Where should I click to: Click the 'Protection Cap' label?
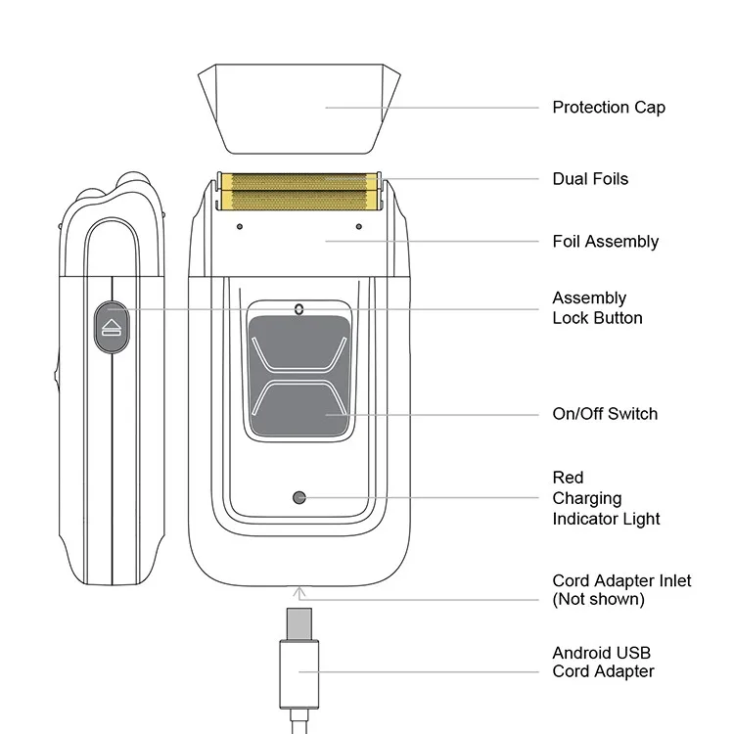(x=608, y=107)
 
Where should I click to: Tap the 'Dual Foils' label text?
(x=590, y=179)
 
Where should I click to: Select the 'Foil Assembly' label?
(x=605, y=241)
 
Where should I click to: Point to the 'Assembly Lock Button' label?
(x=597, y=307)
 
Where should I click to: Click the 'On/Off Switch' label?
(x=605, y=413)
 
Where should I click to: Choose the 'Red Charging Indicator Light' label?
(x=606, y=498)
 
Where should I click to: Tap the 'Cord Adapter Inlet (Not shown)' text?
(x=621, y=589)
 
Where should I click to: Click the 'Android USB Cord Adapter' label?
(x=603, y=662)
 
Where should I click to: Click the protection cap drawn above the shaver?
(x=299, y=108)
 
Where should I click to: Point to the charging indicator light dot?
(x=299, y=497)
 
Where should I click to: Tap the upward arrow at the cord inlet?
(x=298, y=589)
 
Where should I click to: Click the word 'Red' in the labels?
(x=568, y=478)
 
